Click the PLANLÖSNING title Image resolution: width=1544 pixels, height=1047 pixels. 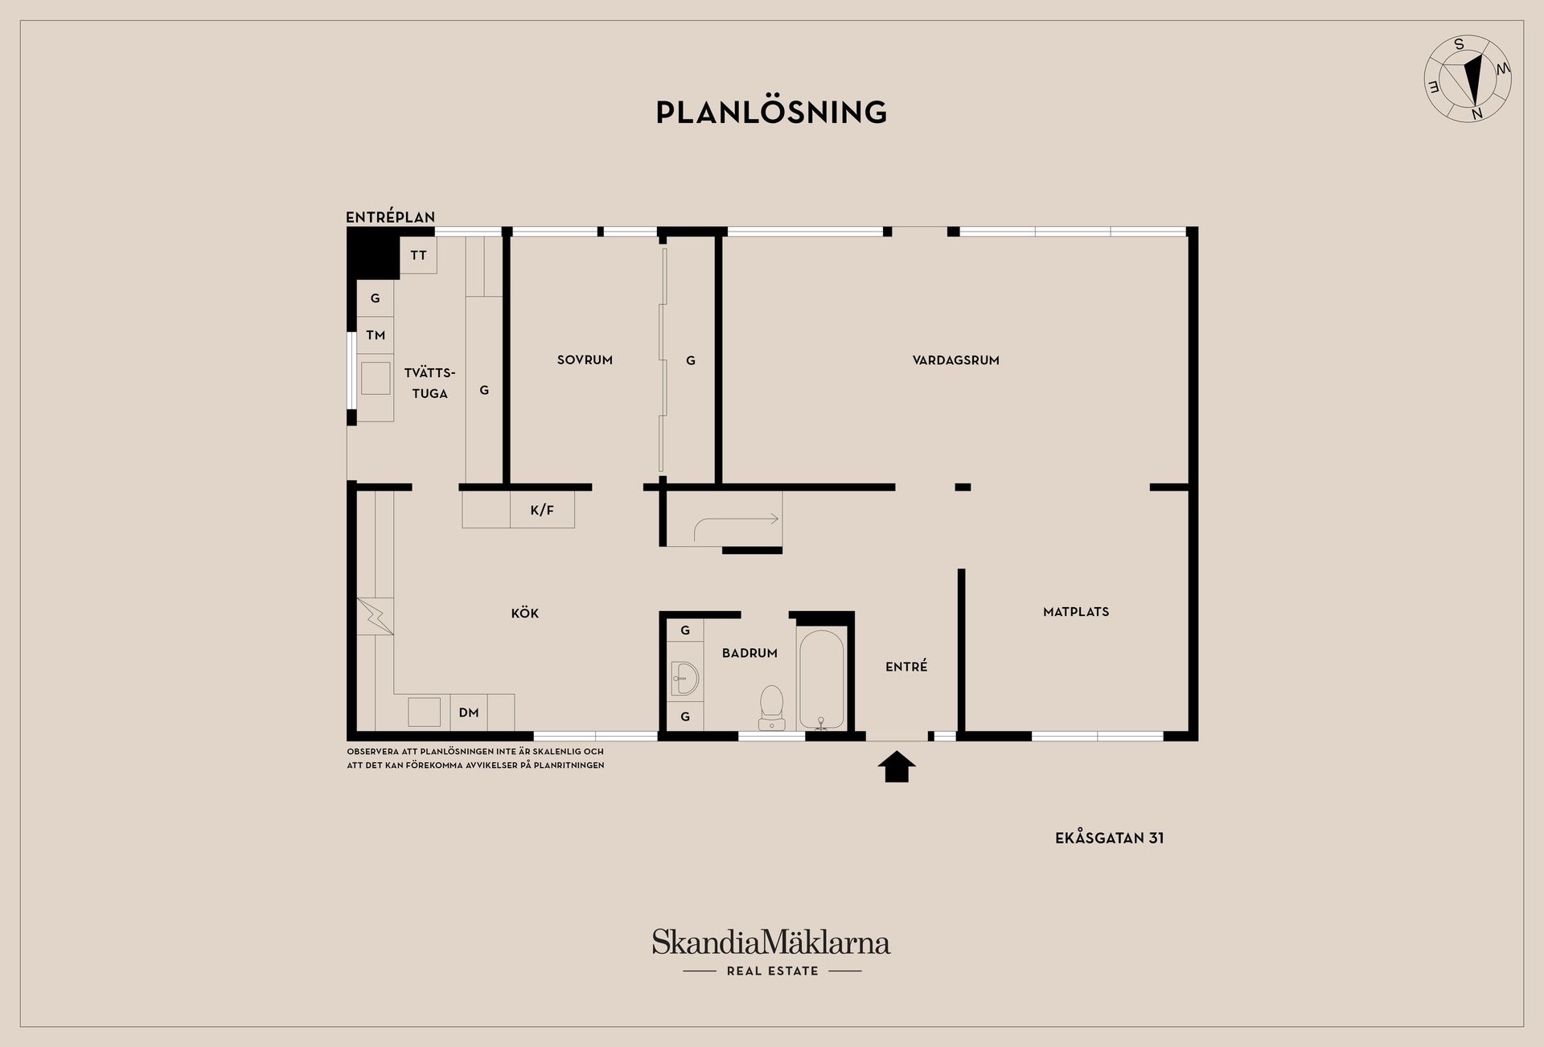point(771,112)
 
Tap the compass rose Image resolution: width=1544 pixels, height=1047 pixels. point(1468,79)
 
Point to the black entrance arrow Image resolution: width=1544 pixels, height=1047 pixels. point(896,766)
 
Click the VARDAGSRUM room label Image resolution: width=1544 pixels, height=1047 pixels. point(955,360)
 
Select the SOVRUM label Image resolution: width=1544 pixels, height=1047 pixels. point(585,360)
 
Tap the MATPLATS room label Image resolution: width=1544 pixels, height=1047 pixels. point(1076,612)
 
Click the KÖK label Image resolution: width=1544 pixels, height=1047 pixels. point(524,613)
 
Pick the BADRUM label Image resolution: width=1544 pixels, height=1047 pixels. point(749,653)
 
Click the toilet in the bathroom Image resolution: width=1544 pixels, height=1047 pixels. point(772,708)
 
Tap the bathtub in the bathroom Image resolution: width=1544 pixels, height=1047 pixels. point(821,680)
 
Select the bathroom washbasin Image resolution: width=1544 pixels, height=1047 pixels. point(684,679)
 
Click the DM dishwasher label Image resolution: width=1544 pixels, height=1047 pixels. point(469,712)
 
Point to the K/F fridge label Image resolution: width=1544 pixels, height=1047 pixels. point(542,510)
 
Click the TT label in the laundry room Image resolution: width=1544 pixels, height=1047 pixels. point(418,256)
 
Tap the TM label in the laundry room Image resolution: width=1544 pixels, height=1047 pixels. point(376,335)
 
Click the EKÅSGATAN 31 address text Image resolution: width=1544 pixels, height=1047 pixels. point(1109,838)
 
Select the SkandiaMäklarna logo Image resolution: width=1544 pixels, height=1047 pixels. point(771,952)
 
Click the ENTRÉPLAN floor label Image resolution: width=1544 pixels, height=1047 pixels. point(390,217)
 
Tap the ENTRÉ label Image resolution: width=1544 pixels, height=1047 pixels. point(906,666)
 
